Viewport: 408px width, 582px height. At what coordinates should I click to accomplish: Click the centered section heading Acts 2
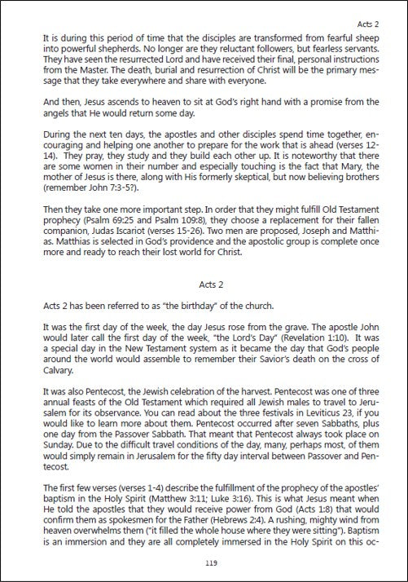point(212,285)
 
